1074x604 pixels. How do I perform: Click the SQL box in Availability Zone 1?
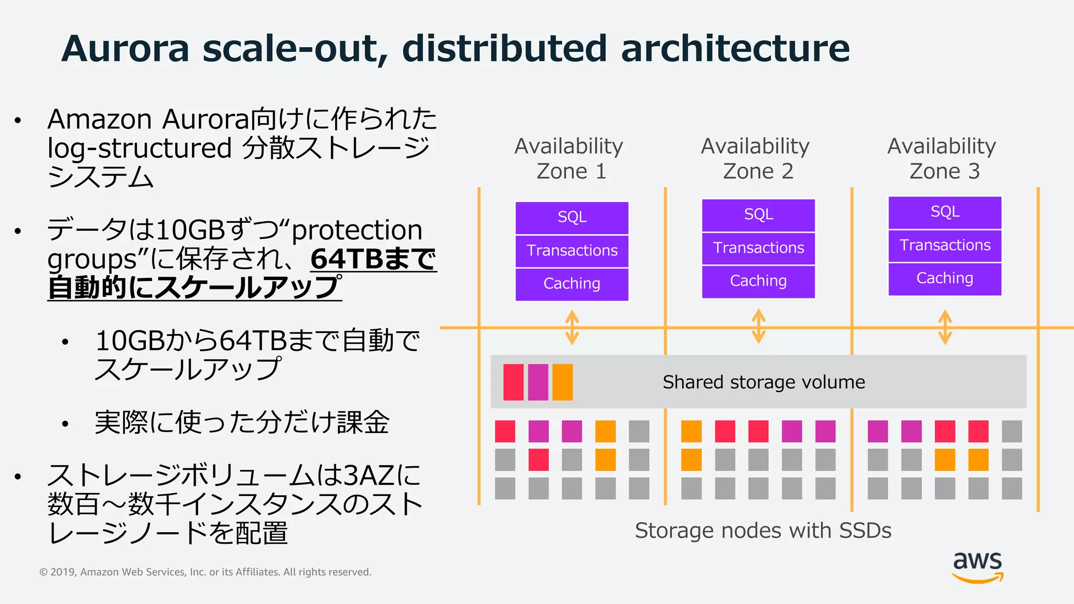tap(572, 217)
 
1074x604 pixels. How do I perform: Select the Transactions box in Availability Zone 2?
tap(758, 248)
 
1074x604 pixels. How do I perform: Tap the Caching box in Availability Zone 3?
tap(944, 278)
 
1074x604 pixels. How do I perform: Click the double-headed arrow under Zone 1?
tap(572, 327)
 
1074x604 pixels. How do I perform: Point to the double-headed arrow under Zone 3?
tap(945, 327)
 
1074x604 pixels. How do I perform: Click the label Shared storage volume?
tap(764, 382)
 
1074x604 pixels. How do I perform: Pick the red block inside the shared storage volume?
tap(513, 382)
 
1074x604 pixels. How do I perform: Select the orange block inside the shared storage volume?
tap(562, 382)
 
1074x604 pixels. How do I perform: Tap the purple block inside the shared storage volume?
tap(538, 382)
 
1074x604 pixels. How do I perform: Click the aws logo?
tap(978, 566)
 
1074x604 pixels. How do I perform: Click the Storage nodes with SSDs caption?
tap(763, 531)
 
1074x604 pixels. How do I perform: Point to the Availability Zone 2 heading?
tap(756, 158)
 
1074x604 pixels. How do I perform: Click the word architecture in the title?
tap(735, 48)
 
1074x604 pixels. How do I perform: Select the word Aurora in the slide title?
tap(125, 48)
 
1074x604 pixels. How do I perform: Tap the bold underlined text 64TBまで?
tap(373, 259)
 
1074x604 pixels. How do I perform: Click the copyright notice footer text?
tap(205, 572)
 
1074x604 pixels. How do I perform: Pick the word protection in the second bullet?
tap(357, 230)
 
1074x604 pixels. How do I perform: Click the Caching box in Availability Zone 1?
tap(572, 284)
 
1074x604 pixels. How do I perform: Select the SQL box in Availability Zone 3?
tap(944, 212)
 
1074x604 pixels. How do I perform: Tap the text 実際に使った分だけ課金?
tap(242, 422)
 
